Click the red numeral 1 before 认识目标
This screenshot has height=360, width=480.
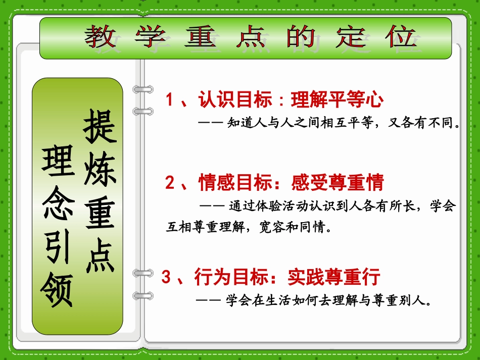pos(170,100)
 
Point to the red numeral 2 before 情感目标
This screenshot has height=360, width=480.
pos(170,182)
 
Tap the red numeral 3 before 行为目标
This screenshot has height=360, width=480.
pos(166,277)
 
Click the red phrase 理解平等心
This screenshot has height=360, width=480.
pos(337,100)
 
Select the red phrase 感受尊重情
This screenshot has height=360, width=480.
pos(338,182)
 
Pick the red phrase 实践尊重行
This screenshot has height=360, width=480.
pos(333,277)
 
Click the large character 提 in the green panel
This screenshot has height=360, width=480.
pos(100,126)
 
